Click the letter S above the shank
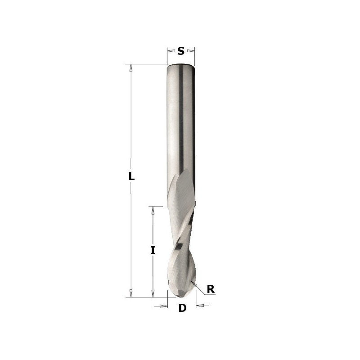click(181, 51)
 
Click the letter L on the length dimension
click(131, 176)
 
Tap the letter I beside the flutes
click(153, 250)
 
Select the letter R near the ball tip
click(211, 289)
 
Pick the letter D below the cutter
click(182, 308)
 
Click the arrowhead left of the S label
click(171, 51)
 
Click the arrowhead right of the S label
click(190, 51)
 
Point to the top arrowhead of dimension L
click(131, 68)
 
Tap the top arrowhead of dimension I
click(153, 210)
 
